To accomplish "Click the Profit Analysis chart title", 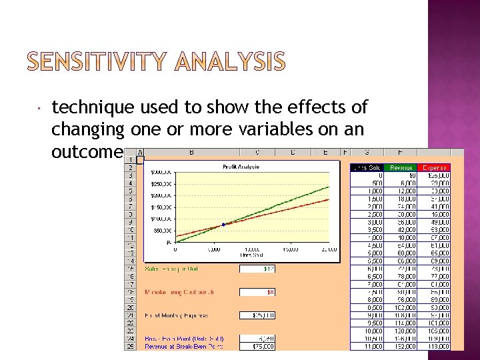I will (240, 167).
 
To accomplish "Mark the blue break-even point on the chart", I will (223, 225).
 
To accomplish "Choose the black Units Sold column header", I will (366, 167).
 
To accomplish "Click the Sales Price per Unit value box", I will (257, 269).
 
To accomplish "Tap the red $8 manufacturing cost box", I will (257, 292).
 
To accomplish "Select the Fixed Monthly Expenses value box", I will (257, 315).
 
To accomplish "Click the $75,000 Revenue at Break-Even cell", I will (257, 346).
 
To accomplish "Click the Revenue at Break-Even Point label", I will (183, 346).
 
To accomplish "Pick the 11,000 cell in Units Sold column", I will (366, 346).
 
